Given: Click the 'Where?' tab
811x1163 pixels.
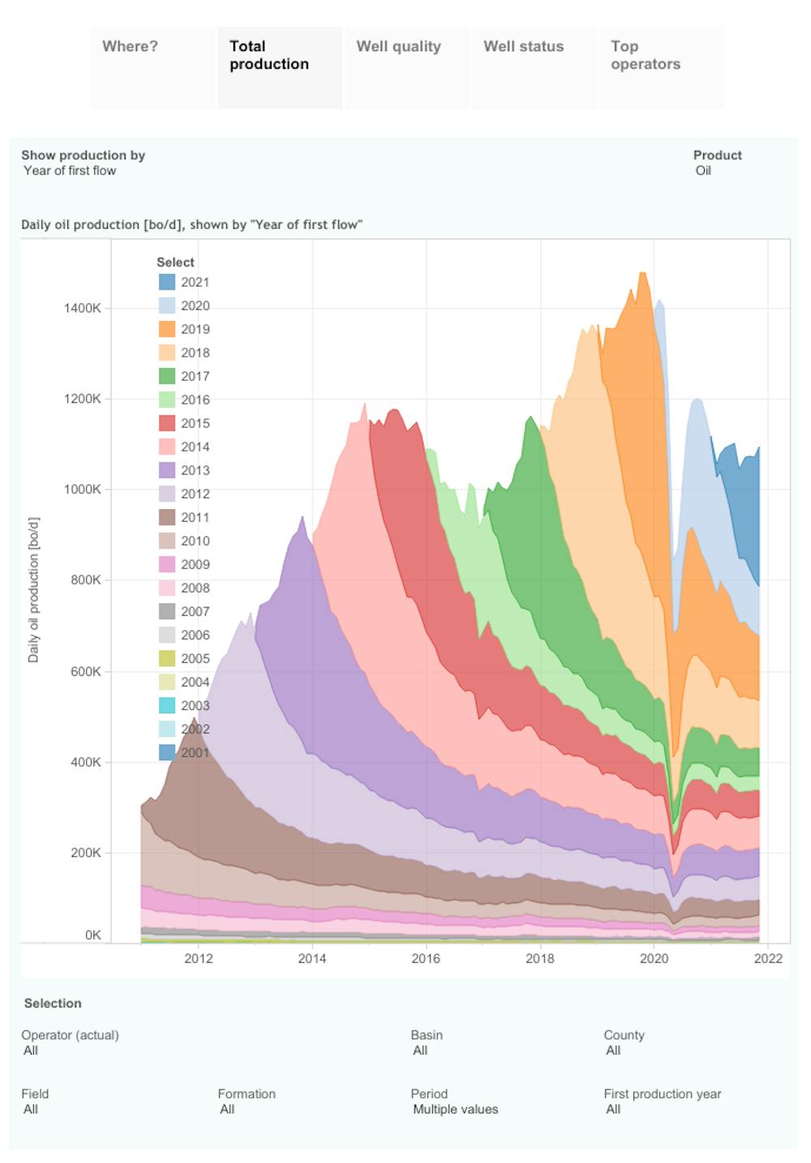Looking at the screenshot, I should pyautogui.click(x=130, y=47).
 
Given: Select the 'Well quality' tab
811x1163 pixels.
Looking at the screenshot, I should pyautogui.click(x=398, y=47).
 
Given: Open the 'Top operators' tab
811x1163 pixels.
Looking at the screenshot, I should pyautogui.click(x=645, y=55).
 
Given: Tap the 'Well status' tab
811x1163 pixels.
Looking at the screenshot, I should pyautogui.click(x=523, y=47).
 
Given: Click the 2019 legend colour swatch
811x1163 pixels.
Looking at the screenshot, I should pyautogui.click(x=166, y=329).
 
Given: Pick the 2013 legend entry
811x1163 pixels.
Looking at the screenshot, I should pyautogui.click(x=195, y=470).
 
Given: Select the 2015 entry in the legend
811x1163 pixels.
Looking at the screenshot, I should pyautogui.click(x=195, y=423).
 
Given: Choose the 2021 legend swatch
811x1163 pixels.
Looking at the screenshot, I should pyautogui.click(x=166, y=282).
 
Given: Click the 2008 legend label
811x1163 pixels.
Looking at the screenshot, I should pyautogui.click(x=195, y=588).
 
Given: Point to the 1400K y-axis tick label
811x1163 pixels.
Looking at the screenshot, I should pyautogui.click(x=83, y=308).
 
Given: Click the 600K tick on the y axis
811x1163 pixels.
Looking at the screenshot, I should pyautogui.click(x=85, y=671).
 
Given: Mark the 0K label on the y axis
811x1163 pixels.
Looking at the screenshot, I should pyautogui.click(x=92, y=934).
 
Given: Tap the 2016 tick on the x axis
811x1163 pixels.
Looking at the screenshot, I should pyautogui.click(x=426, y=959).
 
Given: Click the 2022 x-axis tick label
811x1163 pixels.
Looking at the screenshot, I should pyautogui.click(x=768, y=959).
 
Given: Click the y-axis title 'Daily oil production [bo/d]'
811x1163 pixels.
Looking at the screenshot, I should pyautogui.click(x=33, y=590).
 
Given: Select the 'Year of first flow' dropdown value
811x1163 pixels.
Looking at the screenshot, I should pyautogui.click(x=70, y=171).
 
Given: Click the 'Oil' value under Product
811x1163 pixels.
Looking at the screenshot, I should pyautogui.click(x=703, y=171).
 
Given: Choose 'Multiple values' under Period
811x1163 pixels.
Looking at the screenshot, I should pyautogui.click(x=455, y=1110).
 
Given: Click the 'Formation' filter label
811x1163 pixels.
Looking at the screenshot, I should pyautogui.click(x=247, y=1094).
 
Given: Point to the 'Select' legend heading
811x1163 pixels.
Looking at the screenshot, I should pyautogui.click(x=175, y=263).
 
